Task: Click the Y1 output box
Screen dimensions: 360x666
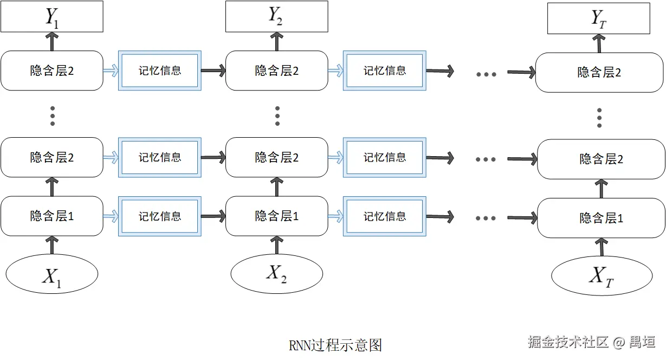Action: pos(52,16)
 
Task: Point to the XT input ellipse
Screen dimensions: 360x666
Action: pos(602,277)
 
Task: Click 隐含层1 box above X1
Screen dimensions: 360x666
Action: pos(52,216)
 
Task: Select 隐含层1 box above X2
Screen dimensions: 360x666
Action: pos(276,216)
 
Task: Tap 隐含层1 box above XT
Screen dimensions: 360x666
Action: pos(601,218)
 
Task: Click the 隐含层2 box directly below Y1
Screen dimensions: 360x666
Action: pos(52,70)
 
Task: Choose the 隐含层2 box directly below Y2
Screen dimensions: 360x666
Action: pos(276,70)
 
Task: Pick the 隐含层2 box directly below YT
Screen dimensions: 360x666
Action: pos(599,73)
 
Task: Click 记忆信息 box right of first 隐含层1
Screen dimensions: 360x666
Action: pos(160,216)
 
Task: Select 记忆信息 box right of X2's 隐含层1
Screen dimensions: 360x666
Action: pos(384,216)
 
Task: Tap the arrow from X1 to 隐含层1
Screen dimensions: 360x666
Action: pos(52,245)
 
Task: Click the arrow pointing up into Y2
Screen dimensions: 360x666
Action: pos(277,41)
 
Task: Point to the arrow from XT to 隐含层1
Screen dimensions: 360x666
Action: pos(601,247)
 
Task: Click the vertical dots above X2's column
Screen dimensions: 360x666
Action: pos(277,115)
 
